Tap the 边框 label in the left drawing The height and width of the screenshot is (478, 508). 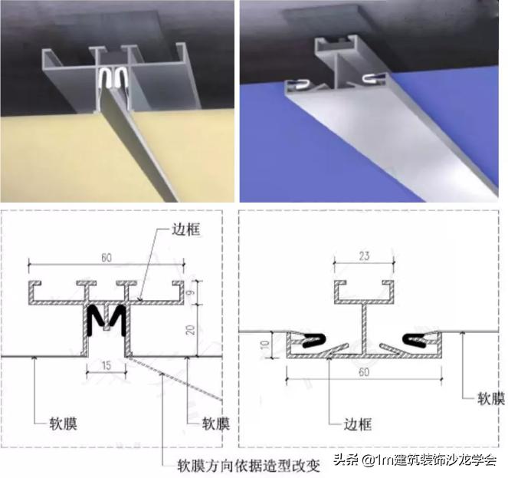click(x=186, y=229)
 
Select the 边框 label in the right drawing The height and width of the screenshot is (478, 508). click(x=357, y=424)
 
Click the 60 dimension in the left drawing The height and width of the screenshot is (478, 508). click(x=107, y=258)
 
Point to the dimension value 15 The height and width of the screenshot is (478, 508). click(x=106, y=366)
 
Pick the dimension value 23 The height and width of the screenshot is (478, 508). click(x=364, y=256)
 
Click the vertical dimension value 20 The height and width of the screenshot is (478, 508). click(x=191, y=330)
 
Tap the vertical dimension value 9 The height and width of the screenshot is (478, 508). click(x=191, y=292)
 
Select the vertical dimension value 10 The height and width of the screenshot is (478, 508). click(x=265, y=344)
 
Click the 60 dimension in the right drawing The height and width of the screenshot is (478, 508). click(x=364, y=372)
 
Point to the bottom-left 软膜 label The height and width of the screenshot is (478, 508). click(x=63, y=424)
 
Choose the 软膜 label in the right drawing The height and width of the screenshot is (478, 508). click(x=491, y=398)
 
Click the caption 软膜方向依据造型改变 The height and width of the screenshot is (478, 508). click(x=249, y=466)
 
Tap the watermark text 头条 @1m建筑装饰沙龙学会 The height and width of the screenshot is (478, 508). click(x=415, y=460)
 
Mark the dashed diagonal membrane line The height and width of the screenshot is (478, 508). click(x=175, y=379)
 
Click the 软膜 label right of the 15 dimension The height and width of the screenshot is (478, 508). click(x=216, y=424)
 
